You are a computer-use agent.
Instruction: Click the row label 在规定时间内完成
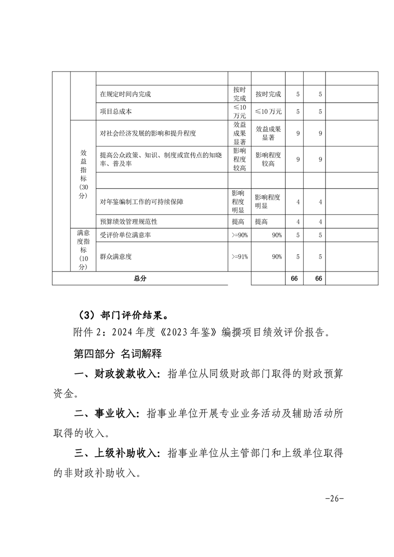(x=125, y=94)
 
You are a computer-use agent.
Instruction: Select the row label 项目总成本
(x=116, y=112)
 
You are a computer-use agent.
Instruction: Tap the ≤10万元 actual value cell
(x=268, y=112)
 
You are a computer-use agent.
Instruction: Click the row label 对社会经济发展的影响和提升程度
(x=148, y=133)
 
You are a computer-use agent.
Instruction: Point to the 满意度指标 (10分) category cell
(x=83, y=250)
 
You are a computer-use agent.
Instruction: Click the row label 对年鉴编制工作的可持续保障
(x=142, y=202)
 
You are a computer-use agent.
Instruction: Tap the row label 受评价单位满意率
(x=125, y=235)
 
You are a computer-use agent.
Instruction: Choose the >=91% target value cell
(x=239, y=257)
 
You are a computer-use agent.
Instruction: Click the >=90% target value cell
(x=239, y=235)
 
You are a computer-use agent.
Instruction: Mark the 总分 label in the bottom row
(x=140, y=278)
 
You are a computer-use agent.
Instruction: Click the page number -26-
(x=334, y=498)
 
